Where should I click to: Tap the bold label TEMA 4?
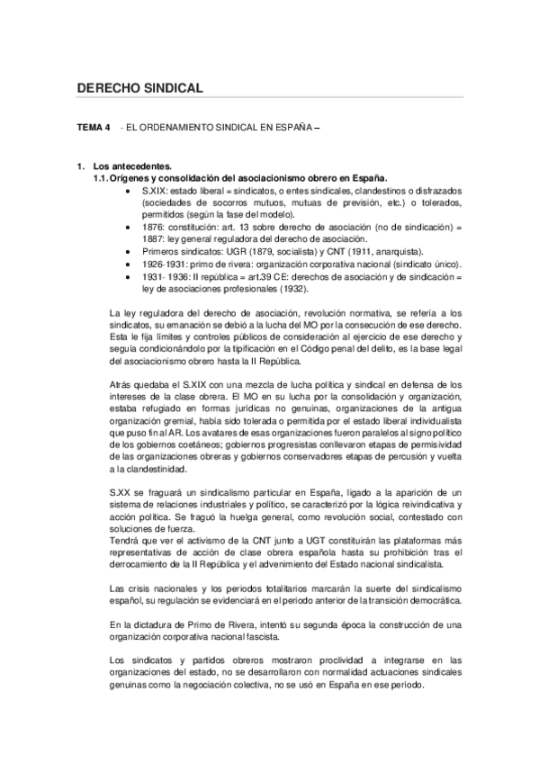pyautogui.click(x=94, y=129)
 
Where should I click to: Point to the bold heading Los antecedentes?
pyautogui.click(x=132, y=167)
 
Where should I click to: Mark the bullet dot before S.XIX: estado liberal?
pyautogui.click(x=132, y=191)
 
